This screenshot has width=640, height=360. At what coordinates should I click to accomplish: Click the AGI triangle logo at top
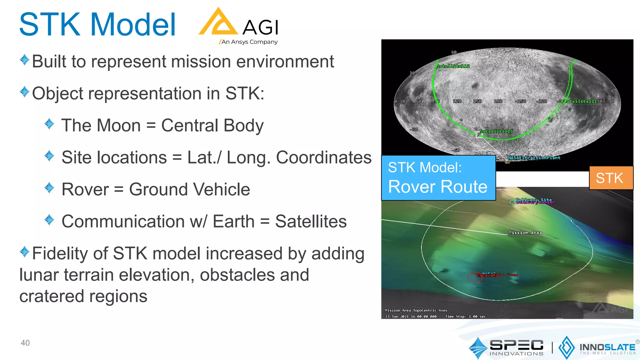pyautogui.click(x=218, y=22)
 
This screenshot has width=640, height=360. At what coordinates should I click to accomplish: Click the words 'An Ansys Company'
pyautogui.click(x=249, y=42)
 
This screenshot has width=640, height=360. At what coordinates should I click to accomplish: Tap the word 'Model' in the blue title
pyautogui.click(x=133, y=25)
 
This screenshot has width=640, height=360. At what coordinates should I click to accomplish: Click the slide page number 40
pyautogui.click(x=25, y=343)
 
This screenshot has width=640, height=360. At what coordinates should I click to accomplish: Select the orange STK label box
pyautogui.click(x=611, y=178)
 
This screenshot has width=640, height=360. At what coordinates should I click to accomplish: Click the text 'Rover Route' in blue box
pyautogui.click(x=437, y=187)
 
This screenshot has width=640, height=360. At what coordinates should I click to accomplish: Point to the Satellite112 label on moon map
pyautogui.click(x=453, y=66)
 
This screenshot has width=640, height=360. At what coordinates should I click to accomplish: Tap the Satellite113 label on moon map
pyautogui.click(x=496, y=131)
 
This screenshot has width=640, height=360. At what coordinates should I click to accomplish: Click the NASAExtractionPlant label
pyautogui.click(x=534, y=158)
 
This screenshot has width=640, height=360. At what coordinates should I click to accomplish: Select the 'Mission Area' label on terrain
pyautogui.click(x=525, y=232)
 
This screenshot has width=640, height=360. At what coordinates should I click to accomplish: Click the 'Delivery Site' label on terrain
pyautogui.click(x=534, y=200)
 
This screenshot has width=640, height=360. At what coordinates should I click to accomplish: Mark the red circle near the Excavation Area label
pyautogui.click(x=474, y=277)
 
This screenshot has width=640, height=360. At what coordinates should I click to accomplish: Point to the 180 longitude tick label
pyautogui.click(x=498, y=101)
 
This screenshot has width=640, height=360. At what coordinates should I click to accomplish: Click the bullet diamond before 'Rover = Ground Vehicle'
pyautogui.click(x=49, y=188)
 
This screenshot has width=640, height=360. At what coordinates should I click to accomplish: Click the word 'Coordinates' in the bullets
pyautogui.click(x=324, y=157)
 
